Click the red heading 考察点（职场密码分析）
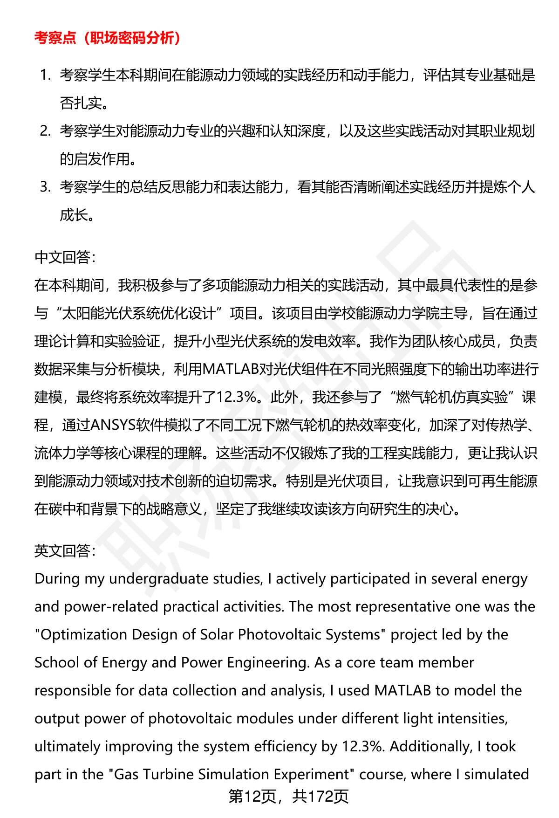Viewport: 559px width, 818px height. [x=108, y=38]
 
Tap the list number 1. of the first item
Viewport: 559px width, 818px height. [x=45, y=75]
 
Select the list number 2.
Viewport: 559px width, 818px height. [x=45, y=131]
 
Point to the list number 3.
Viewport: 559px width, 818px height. [x=45, y=187]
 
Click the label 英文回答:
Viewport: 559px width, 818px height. [x=65, y=551]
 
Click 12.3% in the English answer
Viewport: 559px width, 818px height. [x=363, y=746]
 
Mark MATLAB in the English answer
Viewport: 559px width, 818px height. [x=402, y=690]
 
